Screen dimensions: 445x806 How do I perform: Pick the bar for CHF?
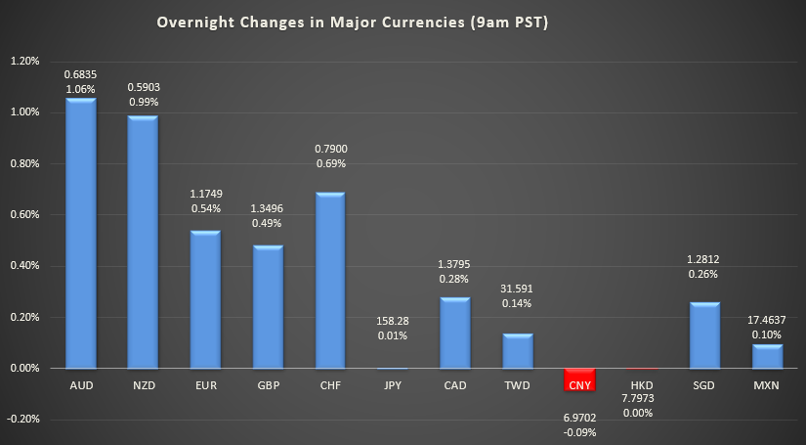point(329,280)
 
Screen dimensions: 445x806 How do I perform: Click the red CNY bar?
point(579,379)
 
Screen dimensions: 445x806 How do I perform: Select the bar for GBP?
point(268,306)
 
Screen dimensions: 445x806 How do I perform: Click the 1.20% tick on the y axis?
point(24,61)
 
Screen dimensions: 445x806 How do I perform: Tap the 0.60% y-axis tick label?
point(24,214)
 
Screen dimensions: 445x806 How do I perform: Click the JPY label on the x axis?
point(392,386)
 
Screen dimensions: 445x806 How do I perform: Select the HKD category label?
point(641,386)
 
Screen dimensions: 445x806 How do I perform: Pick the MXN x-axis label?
point(766,386)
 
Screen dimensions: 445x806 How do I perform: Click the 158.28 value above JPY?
point(392,320)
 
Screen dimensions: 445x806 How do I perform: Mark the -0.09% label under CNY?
point(579,432)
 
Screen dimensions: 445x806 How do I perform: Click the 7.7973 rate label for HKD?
point(641,399)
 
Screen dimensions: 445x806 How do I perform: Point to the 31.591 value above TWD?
point(517,289)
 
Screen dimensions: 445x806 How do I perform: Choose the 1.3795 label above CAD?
point(454,265)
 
